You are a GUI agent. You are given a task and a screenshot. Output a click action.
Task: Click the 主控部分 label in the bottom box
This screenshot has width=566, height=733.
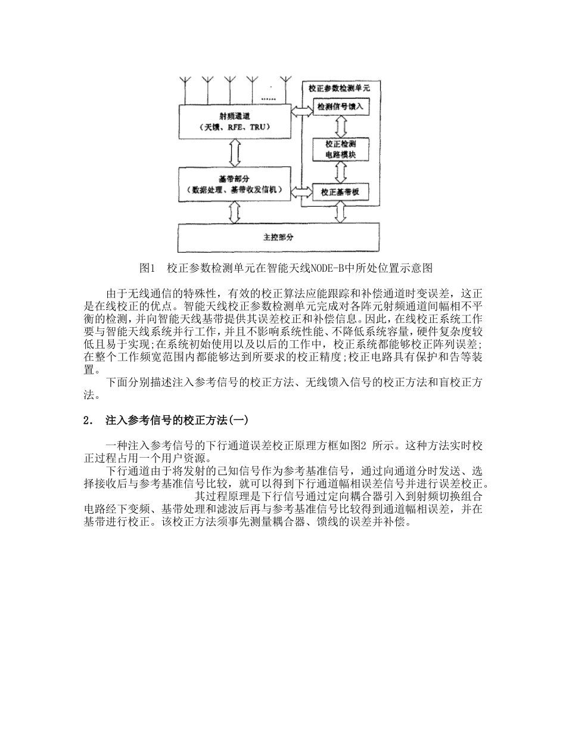point(278,237)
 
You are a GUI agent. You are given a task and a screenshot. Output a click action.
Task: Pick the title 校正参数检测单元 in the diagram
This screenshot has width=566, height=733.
point(338,88)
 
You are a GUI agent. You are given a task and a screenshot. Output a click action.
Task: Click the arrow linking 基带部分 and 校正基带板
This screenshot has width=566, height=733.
point(302,191)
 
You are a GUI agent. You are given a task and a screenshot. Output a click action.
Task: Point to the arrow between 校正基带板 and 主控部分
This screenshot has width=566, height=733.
point(341,212)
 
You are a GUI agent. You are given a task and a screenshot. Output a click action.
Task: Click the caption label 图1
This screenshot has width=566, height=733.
point(147,268)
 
